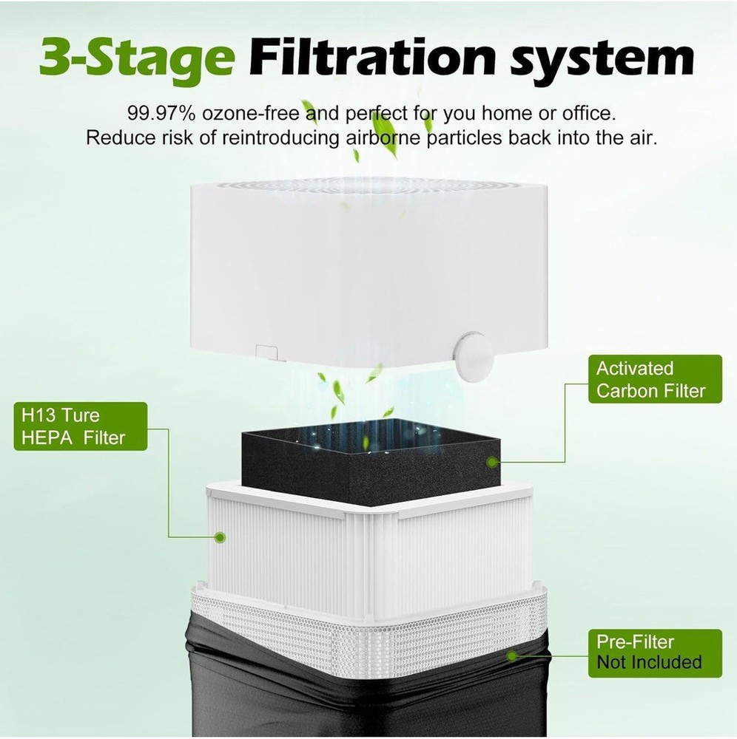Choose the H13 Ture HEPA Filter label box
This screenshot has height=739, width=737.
(79, 426)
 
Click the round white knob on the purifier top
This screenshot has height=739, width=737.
(473, 356)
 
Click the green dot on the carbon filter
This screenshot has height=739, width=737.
(491, 462)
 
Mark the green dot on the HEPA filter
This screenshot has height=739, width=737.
(218, 537)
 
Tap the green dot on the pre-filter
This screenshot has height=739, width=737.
(511, 655)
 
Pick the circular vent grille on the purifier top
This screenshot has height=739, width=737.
(370, 185)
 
